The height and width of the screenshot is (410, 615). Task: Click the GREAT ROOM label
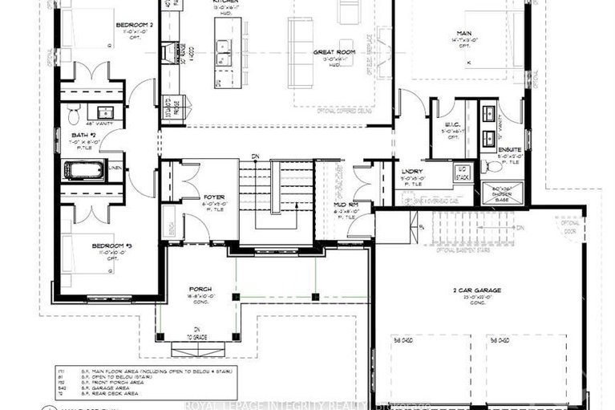[x=334, y=52]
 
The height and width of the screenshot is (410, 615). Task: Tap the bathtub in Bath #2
[x=83, y=170]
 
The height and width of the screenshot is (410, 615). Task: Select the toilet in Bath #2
[x=73, y=111]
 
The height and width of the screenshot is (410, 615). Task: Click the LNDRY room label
[x=412, y=170]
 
